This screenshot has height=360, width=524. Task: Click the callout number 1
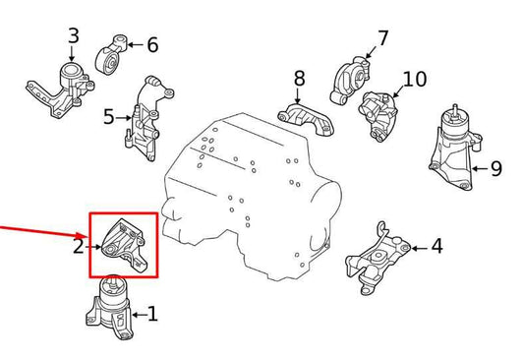point(151,315)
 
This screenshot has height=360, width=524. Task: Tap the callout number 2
point(79,246)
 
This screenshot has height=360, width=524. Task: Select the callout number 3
point(73,37)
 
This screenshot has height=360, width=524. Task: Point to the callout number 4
point(437,246)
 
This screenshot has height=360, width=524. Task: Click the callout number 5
point(109,118)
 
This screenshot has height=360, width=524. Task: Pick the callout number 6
point(151,44)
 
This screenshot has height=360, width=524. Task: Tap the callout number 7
point(382,38)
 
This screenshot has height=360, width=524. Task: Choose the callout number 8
point(299,77)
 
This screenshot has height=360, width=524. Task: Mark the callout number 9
point(495,168)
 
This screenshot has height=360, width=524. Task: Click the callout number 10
point(415,79)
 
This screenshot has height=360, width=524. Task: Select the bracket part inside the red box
point(124,246)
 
